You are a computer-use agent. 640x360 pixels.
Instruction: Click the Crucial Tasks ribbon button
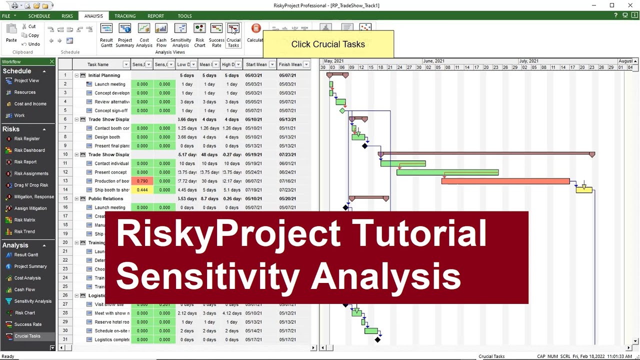click(x=233, y=35)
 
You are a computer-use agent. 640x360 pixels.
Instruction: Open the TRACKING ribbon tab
click(x=125, y=16)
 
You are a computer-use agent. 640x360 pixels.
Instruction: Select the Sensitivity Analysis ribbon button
click(x=180, y=35)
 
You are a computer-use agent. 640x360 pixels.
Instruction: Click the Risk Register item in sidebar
click(x=27, y=138)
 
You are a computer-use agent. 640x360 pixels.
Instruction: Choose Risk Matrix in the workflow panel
click(x=24, y=220)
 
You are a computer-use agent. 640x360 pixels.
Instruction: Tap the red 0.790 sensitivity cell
click(x=142, y=181)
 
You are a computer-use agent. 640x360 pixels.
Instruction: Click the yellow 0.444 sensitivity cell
click(x=142, y=190)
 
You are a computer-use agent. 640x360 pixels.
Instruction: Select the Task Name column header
click(x=98, y=64)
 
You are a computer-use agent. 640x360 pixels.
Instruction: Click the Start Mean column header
click(x=256, y=64)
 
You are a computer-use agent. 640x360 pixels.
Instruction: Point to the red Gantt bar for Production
click(x=505, y=181)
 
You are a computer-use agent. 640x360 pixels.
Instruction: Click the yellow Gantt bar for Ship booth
click(x=584, y=190)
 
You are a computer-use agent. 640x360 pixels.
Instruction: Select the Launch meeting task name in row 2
click(x=110, y=84)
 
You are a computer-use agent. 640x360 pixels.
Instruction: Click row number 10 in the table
click(x=65, y=154)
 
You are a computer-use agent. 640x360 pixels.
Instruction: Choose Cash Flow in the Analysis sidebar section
click(x=24, y=289)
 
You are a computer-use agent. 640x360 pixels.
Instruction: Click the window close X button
click(x=630, y=5)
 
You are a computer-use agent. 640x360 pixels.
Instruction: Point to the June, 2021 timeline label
click(x=433, y=61)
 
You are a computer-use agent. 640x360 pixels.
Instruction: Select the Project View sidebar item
click(x=26, y=80)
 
